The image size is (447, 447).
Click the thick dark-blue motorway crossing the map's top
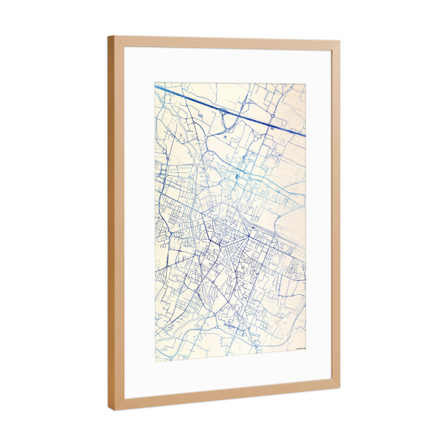click(223, 109)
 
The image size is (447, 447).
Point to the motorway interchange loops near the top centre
click(223, 113)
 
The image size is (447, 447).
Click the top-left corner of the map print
click(155, 83)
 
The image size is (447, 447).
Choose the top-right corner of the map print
click(305, 83)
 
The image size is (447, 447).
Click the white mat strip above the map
click(223, 66)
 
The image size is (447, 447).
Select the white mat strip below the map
click(223, 372)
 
